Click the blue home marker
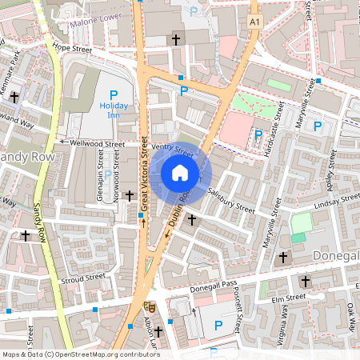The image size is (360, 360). (x=180, y=173)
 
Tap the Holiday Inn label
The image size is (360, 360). (x=114, y=110)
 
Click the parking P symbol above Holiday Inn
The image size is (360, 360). (x=114, y=94)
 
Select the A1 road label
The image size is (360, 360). (x=254, y=23)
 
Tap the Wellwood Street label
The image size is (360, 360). (x=97, y=144)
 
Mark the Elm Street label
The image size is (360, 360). (x=289, y=298)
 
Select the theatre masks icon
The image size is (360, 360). (x=148, y=306)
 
